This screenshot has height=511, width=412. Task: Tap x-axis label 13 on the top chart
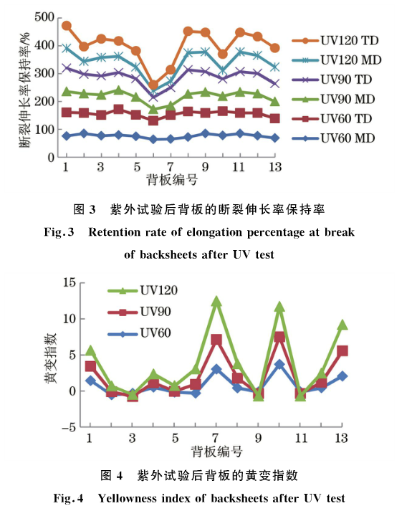[x=274, y=167]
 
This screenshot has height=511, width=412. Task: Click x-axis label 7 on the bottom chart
[x=216, y=438]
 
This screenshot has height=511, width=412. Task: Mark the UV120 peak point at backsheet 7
[x=216, y=302]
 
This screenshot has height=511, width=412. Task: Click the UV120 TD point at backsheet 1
[x=66, y=26]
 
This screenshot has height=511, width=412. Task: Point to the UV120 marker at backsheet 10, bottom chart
[x=279, y=307]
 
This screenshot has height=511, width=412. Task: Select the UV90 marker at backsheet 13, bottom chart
[x=342, y=350]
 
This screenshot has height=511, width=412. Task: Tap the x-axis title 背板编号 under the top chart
[x=171, y=179]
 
